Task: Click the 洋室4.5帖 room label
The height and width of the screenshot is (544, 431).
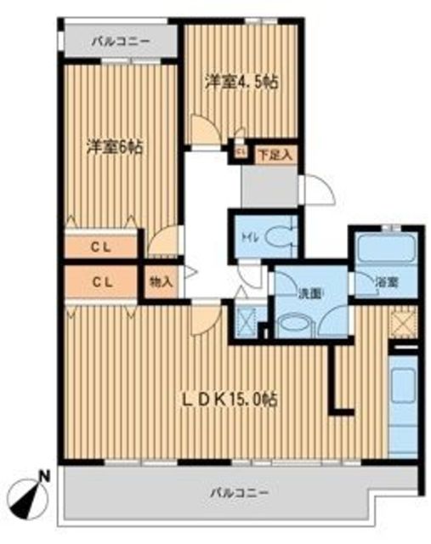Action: click(x=242, y=82)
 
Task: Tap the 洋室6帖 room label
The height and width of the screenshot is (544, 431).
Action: click(x=114, y=148)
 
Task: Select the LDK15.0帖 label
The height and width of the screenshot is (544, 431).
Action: click(x=230, y=400)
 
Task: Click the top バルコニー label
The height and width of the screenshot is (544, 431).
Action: click(x=121, y=42)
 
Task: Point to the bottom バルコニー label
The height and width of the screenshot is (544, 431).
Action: click(x=240, y=492)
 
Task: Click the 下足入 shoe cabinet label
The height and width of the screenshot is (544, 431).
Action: click(x=276, y=155)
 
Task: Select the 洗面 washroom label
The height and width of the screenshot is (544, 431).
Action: click(x=309, y=295)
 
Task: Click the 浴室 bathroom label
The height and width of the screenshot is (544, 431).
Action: click(x=386, y=282)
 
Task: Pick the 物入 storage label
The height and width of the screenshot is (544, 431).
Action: click(x=161, y=281)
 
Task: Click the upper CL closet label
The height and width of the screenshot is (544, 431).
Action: click(x=101, y=247)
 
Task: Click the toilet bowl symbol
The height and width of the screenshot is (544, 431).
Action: click(x=278, y=237)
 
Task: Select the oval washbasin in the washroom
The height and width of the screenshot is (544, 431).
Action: click(x=294, y=325)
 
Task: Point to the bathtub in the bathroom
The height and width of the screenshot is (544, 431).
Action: click(x=387, y=247)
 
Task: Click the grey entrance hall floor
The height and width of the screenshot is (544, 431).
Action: click(x=269, y=186)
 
